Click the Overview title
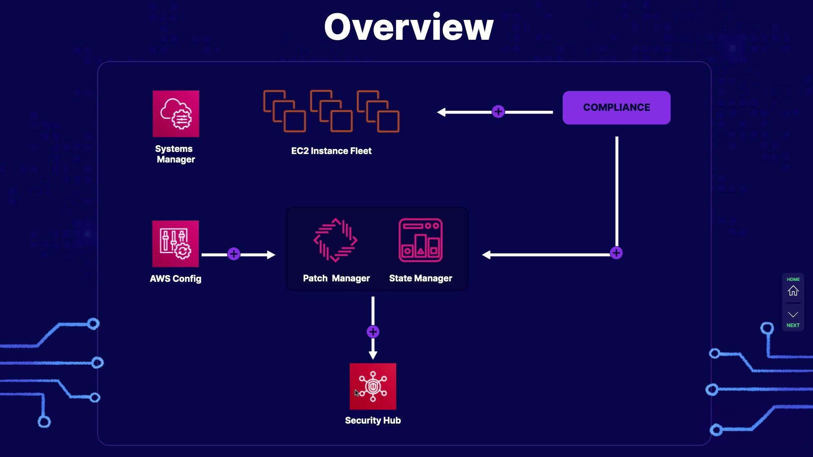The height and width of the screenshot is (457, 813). tap(409, 27)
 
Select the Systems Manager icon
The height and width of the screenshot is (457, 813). tap(176, 114)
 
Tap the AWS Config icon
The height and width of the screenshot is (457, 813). tap(175, 244)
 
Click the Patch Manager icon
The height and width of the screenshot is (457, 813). tap(336, 240)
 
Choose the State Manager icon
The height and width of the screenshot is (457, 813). tap(420, 240)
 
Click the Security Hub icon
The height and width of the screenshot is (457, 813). tap(373, 386)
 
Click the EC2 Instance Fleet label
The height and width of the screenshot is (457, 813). tap(331, 151)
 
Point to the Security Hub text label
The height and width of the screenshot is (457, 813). tap(373, 421)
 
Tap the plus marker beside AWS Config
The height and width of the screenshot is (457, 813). tap(234, 254)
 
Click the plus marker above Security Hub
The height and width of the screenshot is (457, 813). tap(373, 332)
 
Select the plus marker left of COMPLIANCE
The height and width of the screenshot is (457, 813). tap(498, 112)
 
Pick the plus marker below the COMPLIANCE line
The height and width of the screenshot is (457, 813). tap(617, 253)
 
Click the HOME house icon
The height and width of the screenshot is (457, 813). tap(793, 291)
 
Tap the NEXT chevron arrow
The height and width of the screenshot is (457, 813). tap(793, 314)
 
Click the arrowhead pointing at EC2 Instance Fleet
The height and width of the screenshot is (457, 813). tap(442, 112)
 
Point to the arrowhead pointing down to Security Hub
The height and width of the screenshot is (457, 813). tap(373, 355)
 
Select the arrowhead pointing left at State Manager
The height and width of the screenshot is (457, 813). tap(487, 255)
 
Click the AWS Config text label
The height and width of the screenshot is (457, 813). tap(175, 279)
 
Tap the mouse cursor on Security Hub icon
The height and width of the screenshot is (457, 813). tap(357, 393)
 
